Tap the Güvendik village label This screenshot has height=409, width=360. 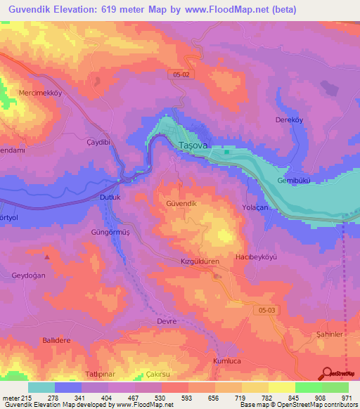click(x=184, y=203)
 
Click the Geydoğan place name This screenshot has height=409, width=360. click(x=28, y=275)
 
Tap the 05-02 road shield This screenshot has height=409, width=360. click(x=179, y=74)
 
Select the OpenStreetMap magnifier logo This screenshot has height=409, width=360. click(x=326, y=373)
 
